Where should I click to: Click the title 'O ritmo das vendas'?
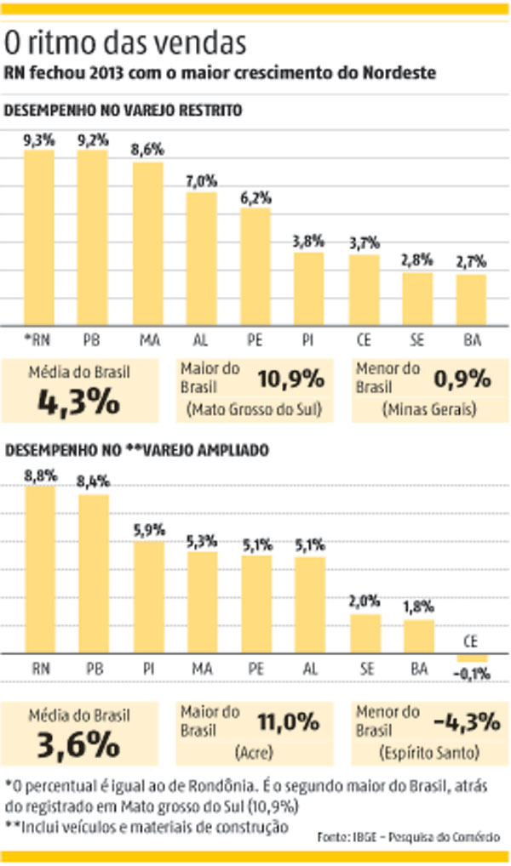(x=127, y=42)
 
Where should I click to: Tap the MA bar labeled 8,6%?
(x=146, y=242)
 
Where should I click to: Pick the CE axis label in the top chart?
(x=364, y=340)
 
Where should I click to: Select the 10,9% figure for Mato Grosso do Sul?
(x=291, y=377)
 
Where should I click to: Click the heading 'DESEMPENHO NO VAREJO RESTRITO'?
(x=124, y=111)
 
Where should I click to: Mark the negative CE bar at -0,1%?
(x=472, y=658)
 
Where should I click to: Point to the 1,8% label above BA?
(x=418, y=607)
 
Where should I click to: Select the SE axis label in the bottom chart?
(x=364, y=669)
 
